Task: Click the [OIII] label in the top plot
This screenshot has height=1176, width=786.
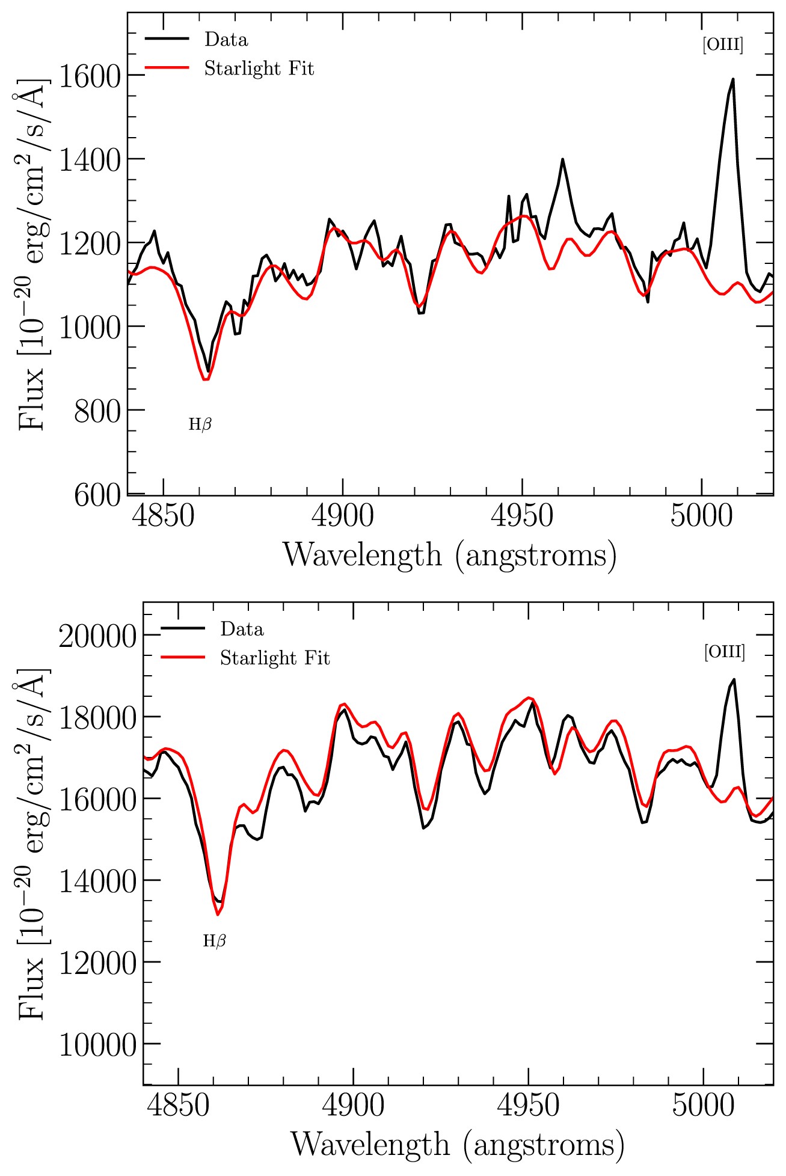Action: coord(722,45)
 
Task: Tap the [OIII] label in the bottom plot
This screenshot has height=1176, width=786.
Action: coord(724,652)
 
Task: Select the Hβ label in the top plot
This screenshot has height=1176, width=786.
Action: coord(200,424)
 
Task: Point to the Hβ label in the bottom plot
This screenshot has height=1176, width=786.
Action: coord(214,941)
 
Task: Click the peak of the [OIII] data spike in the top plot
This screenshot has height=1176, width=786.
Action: coord(732,79)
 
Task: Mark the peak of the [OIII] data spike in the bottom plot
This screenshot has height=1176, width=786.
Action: coord(734,680)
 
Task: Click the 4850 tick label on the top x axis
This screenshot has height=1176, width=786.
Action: coord(163,516)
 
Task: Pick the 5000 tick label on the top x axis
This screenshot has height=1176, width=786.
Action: coord(701,516)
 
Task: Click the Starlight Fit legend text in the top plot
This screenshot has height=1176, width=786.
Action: coord(259,69)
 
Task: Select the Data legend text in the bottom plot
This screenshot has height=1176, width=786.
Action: coord(242,629)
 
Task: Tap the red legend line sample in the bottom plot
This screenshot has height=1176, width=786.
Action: coord(183,658)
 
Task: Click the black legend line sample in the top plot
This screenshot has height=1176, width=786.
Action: coord(167,39)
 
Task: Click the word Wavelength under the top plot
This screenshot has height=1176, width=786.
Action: coord(362,555)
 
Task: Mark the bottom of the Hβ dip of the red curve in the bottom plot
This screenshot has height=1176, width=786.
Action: coord(218,914)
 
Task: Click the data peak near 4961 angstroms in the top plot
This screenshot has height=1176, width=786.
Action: coord(562,159)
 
